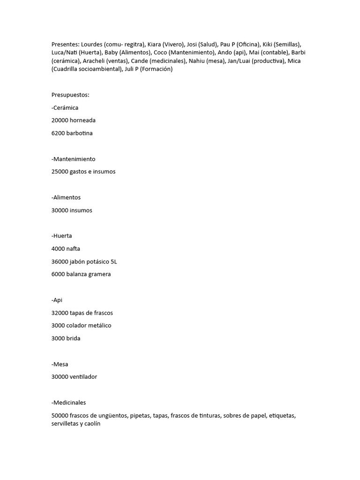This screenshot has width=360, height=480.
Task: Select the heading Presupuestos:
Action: tap(70, 95)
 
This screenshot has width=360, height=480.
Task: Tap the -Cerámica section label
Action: tap(65, 107)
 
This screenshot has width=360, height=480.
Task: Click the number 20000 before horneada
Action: tap(60, 120)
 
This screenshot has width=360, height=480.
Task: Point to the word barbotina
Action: tap(79, 133)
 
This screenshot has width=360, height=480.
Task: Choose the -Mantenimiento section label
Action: tap(73, 159)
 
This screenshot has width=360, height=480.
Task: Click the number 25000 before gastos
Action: tap(60, 172)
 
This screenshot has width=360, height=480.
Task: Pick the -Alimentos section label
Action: tap(66, 197)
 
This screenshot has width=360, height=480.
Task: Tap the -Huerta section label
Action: tap(62, 236)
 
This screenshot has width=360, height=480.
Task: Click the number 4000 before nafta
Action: tap(59, 248)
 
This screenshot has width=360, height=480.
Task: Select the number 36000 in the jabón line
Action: tap(60, 261)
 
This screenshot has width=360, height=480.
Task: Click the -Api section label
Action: tap(57, 300)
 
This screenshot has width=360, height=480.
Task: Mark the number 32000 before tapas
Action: tap(60, 313)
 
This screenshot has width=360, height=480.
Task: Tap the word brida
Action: tap(73, 338)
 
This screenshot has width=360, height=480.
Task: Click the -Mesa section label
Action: tap(60, 364)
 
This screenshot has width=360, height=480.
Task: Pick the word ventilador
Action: tap(83, 377)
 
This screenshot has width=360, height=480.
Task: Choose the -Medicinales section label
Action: tap(69, 402)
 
